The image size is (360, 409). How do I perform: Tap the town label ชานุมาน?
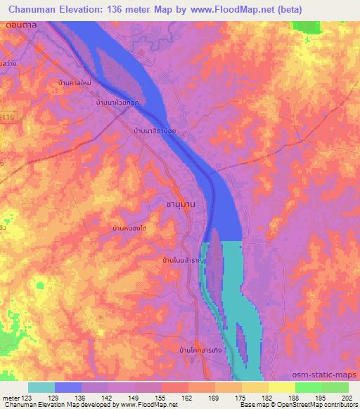click(x=180, y=203)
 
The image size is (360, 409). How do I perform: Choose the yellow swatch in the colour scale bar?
click(x=281, y=387)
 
